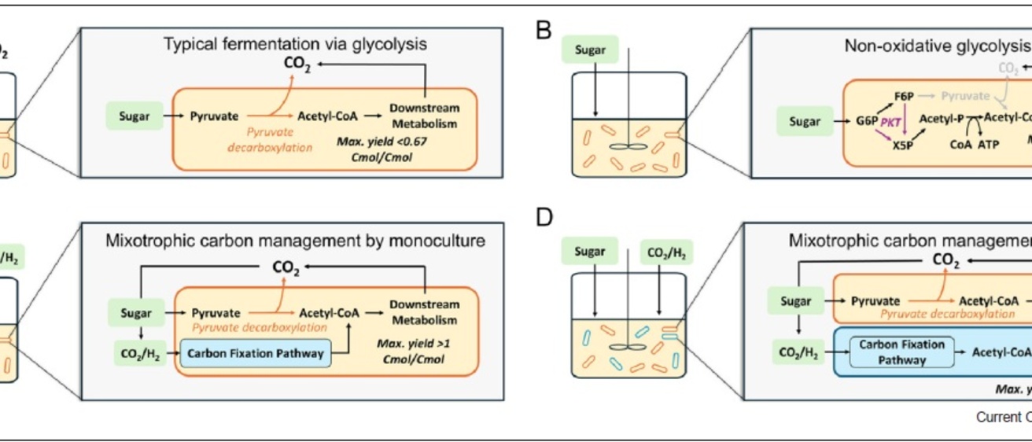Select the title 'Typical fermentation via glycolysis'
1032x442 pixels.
(x=295, y=45)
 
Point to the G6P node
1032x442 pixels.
(x=868, y=122)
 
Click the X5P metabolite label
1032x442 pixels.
(x=904, y=145)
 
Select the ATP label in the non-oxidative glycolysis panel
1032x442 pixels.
(x=987, y=145)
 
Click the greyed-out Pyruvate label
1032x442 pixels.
(x=965, y=96)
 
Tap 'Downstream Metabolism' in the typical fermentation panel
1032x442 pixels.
(x=424, y=116)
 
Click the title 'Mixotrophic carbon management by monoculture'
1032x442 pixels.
(x=295, y=241)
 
